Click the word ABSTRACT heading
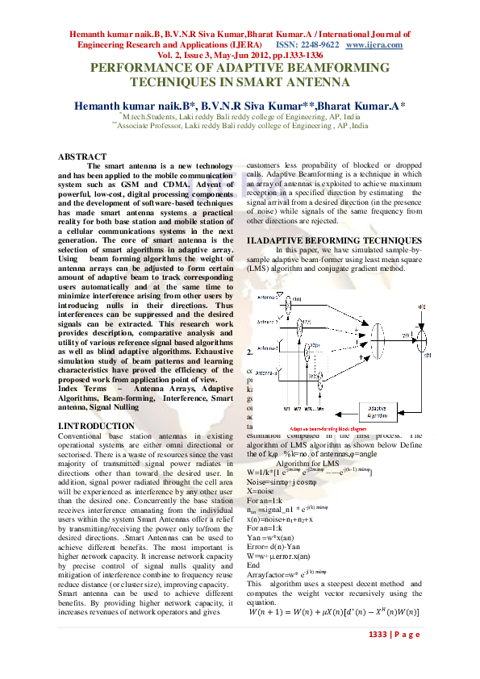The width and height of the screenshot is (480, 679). pos(82,156)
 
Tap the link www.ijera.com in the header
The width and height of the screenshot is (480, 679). pos(379,45)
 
